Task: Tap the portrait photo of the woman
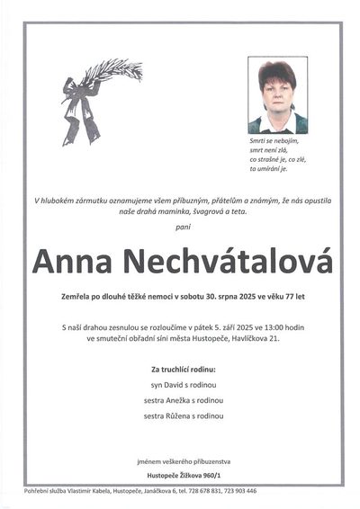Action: [x=276, y=95]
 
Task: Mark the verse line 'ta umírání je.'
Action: [x=270, y=168]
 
